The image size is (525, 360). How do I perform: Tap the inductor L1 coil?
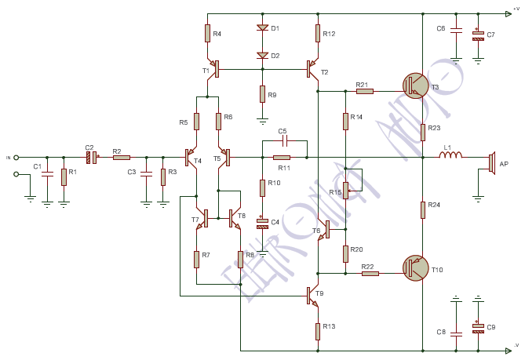(450, 156)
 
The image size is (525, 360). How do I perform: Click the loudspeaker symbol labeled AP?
(492, 162)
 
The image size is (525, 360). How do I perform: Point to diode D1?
(262, 28)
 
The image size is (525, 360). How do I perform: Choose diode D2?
(262, 56)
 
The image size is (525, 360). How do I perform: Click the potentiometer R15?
(345, 191)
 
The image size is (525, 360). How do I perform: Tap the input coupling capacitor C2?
(91, 157)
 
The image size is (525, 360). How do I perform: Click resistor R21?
(365, 91)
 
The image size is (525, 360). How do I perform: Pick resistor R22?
(370, 273)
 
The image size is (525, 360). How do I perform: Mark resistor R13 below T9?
(318, 330)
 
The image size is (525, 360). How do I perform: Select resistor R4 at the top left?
(207, 33)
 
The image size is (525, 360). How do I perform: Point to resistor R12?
(318, 33)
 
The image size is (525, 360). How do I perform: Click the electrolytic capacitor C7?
(478, 35)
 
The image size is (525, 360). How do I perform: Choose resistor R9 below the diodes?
(262, 94)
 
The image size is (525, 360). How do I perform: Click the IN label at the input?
(9, 158)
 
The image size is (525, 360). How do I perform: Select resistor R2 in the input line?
(121, 157)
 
